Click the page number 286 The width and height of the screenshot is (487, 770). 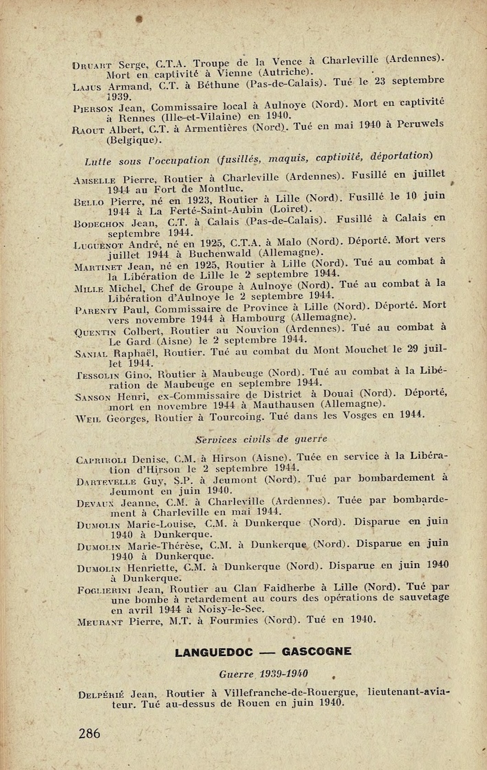coord(89,734)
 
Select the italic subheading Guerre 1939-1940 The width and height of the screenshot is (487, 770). coord(263,673)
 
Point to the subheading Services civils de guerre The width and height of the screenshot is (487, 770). coord(261,438)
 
